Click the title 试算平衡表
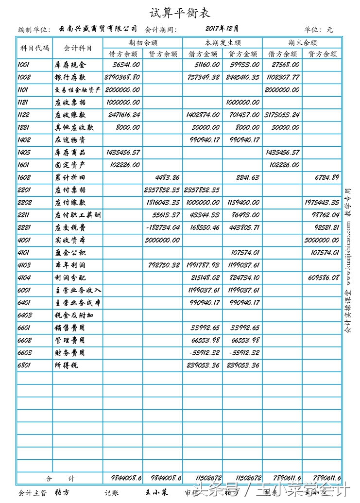(180, 13)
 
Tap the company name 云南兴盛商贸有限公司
(98, 29)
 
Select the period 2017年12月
(222, 29)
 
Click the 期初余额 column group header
(143, 43)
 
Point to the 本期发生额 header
(223, 43)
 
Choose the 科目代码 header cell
(34, 49)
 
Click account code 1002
(24, 77)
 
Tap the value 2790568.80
(123, 77)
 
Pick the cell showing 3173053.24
(283, 115)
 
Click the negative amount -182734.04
(163, 227)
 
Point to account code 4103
(24, 265)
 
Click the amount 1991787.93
(203, 265)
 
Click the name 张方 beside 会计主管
(62, 492)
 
